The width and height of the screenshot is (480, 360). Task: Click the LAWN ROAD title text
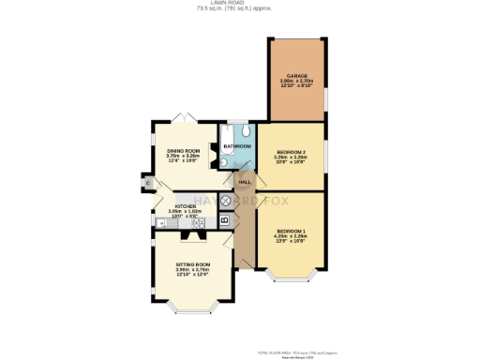(x=239, y=4)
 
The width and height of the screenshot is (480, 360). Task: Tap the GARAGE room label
(x=297, y=76)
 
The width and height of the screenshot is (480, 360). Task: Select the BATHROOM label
(x=236, y=146)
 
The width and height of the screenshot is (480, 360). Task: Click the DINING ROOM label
(x=184, y=150)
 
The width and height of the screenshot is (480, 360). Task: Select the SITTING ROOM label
(x=192, y=265)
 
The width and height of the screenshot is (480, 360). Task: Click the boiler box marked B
(x=225, y=219)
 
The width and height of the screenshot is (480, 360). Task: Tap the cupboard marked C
(x=148, y=182)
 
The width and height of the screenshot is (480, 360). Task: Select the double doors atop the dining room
(x=186, y=118)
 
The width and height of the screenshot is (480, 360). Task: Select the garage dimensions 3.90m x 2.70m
(x=297, y=82)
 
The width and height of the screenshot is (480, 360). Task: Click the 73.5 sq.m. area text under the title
(x=239, y=9)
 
